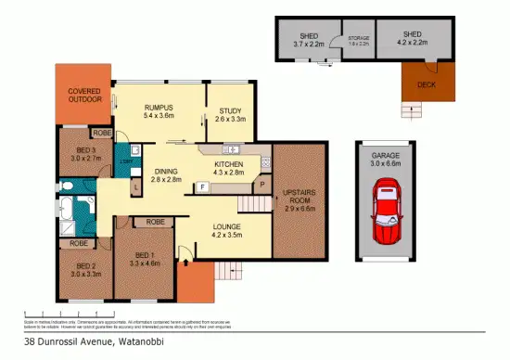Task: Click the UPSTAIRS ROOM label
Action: tap(300, 198)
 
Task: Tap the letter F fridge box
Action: tap(202, 188)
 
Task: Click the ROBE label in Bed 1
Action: tap(155, 222)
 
